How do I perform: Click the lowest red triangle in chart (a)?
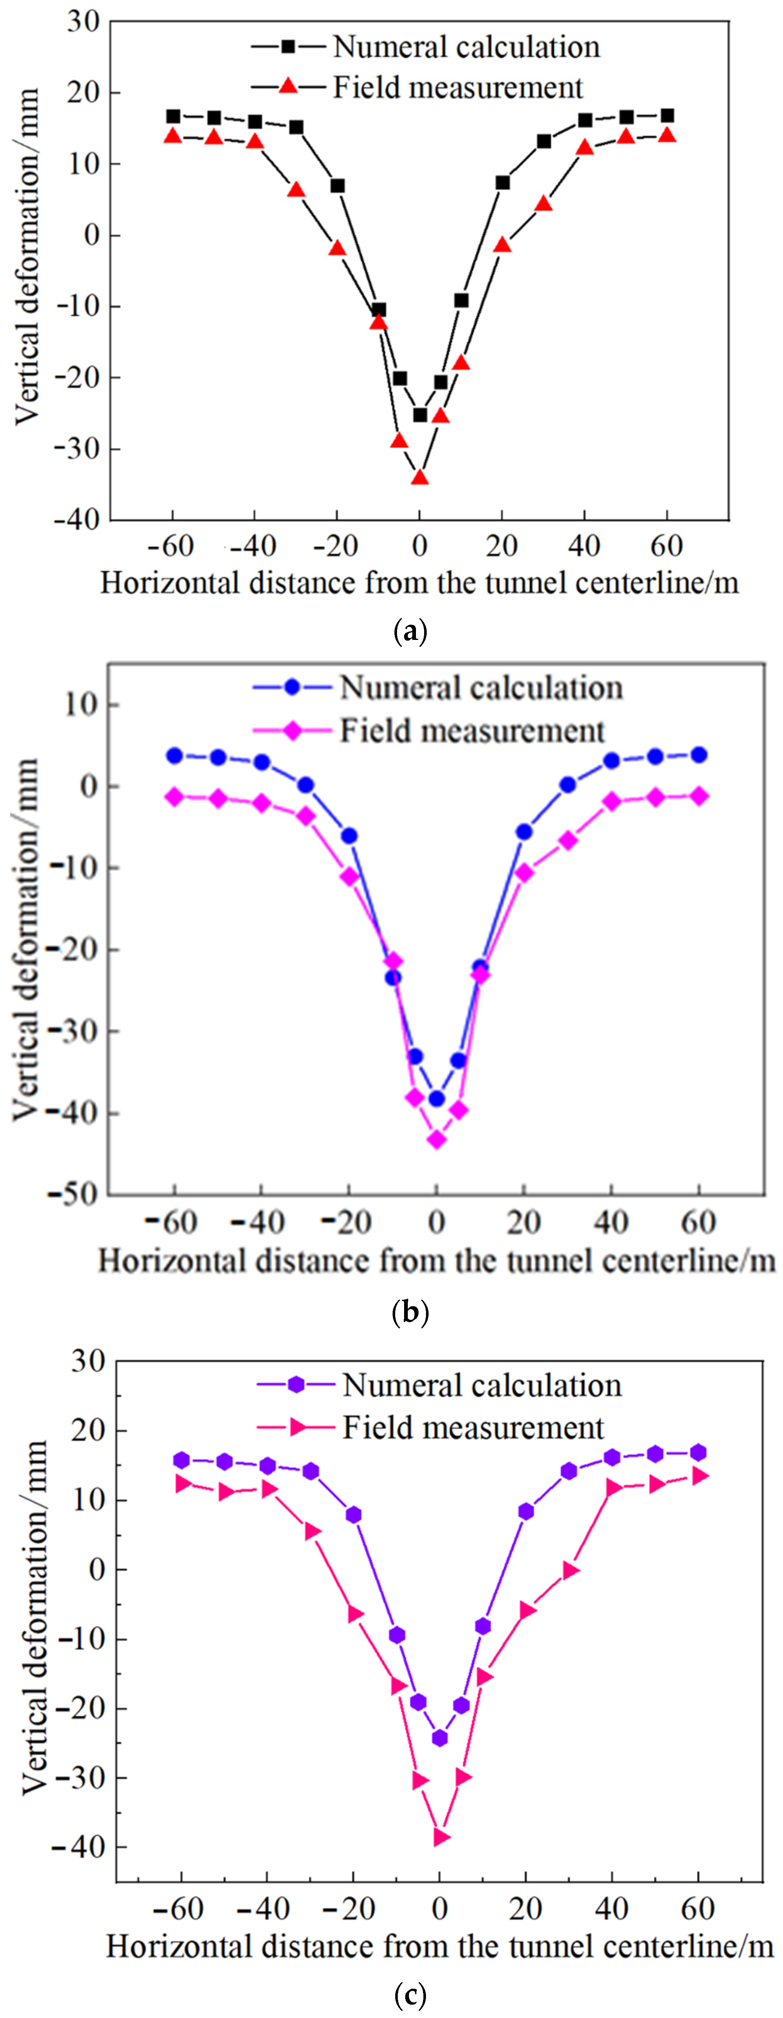[420, 476]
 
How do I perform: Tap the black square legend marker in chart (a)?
[288, 47]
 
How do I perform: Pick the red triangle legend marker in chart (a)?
[288, 86]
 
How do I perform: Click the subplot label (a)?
[410, 631]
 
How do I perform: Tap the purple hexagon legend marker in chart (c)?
[295, 1385]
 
